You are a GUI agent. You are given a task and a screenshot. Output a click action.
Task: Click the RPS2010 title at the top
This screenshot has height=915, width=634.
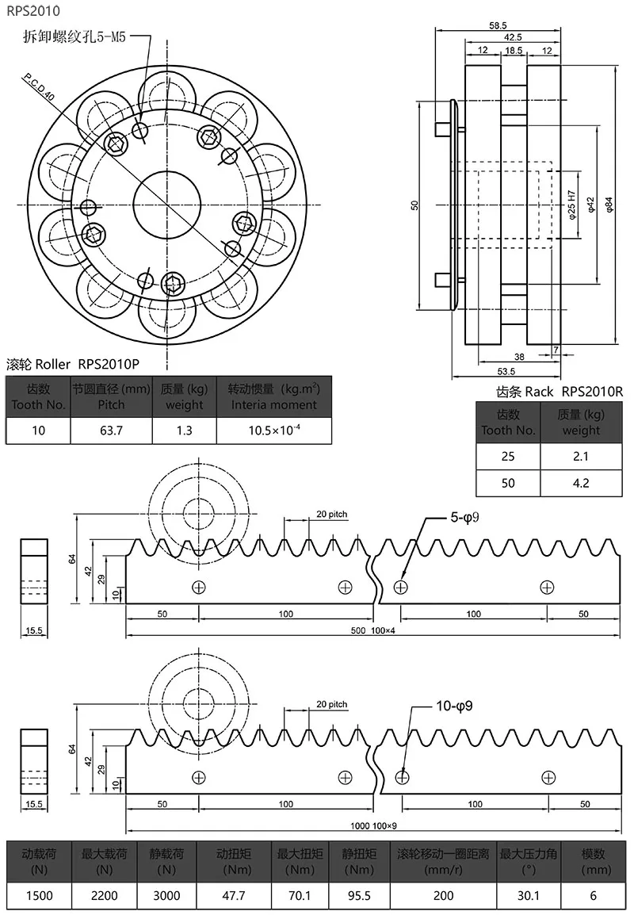[32, 11]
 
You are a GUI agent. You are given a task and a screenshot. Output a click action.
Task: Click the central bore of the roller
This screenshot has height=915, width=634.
[169, 205]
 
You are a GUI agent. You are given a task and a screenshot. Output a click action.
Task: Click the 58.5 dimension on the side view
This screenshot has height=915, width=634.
[498, 25]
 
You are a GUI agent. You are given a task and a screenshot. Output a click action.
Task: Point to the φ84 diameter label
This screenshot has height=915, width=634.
[609, 205]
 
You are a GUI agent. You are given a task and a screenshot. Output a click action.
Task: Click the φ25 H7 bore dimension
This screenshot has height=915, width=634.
[571, 205]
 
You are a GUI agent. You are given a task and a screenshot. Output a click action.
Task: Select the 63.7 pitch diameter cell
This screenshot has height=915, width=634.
[111, 431]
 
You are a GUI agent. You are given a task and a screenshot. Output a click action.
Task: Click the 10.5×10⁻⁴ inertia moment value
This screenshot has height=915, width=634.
[273, 431]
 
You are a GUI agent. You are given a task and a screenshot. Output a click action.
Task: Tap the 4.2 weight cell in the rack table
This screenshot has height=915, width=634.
[581, 482]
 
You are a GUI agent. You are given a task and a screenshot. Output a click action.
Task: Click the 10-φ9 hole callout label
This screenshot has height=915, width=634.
[454, 706]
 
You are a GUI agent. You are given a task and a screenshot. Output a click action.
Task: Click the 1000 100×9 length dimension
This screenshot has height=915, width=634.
[374, 825]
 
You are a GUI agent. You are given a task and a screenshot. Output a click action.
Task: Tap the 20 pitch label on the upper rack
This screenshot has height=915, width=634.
[331, 514]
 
